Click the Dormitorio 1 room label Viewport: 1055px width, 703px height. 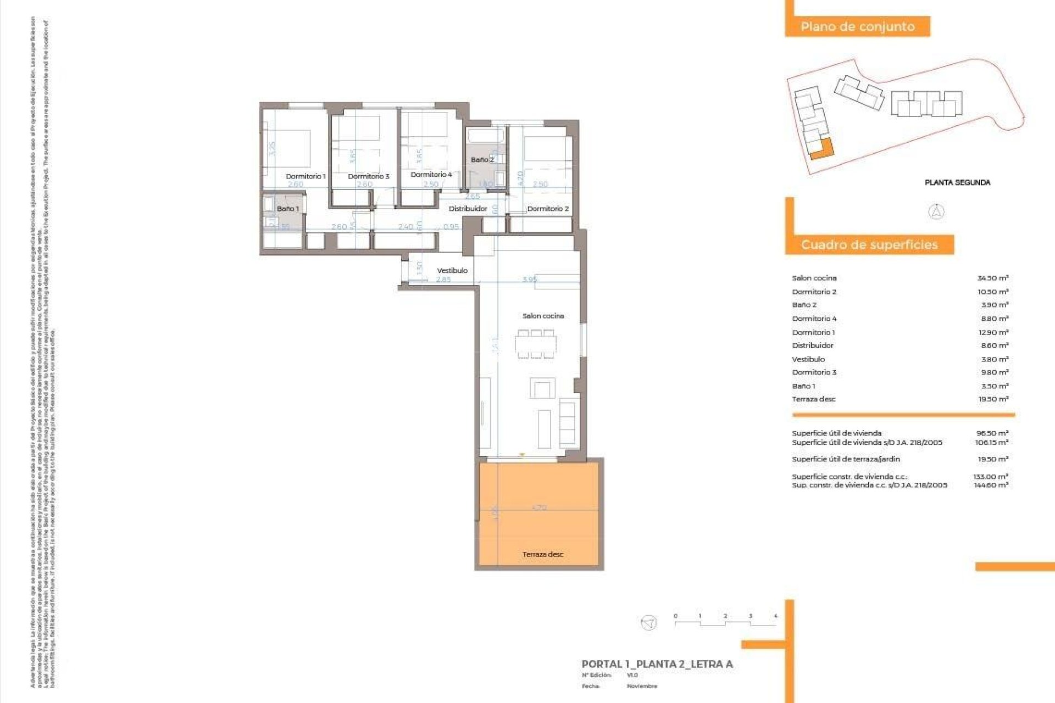click(x=306, y=176)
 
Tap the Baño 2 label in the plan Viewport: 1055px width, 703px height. click(x=482, y=160)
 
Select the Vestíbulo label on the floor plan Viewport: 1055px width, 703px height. click(x=452, y=270)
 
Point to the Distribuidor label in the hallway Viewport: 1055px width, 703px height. click(x=468, y=209)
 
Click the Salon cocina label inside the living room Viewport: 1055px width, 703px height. click(x=543, y=316)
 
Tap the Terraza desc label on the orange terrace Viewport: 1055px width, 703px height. click(x=543, y=554)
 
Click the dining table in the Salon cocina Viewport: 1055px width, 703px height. click(x=536, y=345)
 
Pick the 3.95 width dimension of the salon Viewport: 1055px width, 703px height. click(x=530, y=279)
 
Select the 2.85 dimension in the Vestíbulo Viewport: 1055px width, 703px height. click(x=443, y=280)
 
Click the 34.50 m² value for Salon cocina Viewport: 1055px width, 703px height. click(x=992, y=278)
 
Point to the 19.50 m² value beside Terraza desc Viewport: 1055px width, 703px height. click(x=993, y=399)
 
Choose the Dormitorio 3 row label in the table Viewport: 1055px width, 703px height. click(x=814, y=372)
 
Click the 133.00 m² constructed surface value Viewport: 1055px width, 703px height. click(x=991, y=477)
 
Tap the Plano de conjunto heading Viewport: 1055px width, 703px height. click(x=857, y=26)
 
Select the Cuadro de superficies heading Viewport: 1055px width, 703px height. click(x=869, y=245)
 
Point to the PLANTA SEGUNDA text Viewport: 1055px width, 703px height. click(x=957, y=182)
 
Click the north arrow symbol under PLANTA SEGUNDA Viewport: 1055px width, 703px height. click(x=936, y=211)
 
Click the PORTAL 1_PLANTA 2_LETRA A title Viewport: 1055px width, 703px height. click(x=657, y=664)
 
